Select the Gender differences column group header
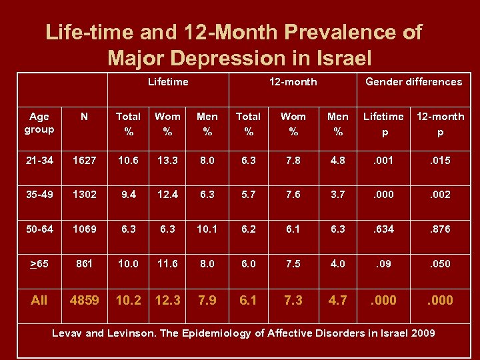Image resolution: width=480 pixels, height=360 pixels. click(x=413, y=82)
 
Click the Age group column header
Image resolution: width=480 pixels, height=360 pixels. click(x=39, y=123)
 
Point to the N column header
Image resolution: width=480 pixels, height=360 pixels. click(x=84, y=117)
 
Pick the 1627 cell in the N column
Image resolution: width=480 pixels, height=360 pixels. click(x=84, y=161)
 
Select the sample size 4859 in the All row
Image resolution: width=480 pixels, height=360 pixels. click(x=85, y=300)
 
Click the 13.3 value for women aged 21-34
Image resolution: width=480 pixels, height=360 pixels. click(x=167, y=161)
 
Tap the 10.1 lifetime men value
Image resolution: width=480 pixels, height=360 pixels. click(x=207, y=229)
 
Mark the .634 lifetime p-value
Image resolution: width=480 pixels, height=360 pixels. click(x=383, y=229)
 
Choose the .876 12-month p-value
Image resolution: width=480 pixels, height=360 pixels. click(x=440, y=229)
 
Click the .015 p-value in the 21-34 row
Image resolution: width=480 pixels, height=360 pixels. click(x=440, y=161)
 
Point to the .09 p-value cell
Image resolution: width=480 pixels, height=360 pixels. click(x=383, y=263)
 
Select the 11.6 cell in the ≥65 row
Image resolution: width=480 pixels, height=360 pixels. click(x=167, y=263)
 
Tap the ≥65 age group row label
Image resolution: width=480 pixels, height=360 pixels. click(x=39, y=263)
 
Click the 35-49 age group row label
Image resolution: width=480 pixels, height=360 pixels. click(x=39, y=195)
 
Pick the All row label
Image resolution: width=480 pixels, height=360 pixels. click(x=39, y=300)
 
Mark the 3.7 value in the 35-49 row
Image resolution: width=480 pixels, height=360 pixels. click(x=338, y=195)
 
